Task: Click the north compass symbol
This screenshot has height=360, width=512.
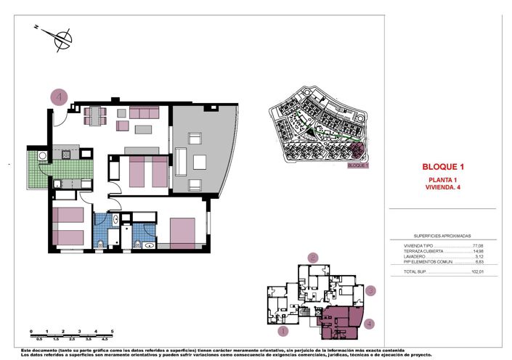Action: pos(62,38)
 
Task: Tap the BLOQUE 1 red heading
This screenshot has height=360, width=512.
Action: pos(443,166)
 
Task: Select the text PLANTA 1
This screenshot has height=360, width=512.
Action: pos(443,179)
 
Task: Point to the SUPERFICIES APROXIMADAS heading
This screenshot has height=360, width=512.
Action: pos(442,236)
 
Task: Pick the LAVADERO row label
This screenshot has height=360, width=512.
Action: pos(417,256)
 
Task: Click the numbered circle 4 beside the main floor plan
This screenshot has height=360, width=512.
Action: pos(59,97)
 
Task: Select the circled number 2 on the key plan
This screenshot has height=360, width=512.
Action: pos(313,257)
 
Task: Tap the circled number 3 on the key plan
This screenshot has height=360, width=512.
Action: pos(370,291)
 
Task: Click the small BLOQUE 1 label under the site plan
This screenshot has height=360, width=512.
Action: pos(359,165)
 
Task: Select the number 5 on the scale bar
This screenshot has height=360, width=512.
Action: pos(113,331)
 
